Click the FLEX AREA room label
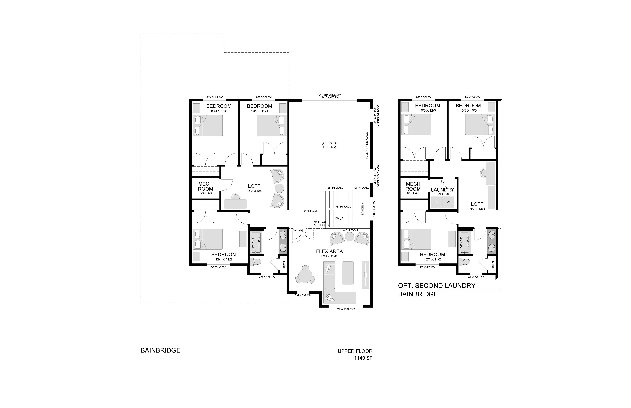click(329, 251)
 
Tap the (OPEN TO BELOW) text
click(330, 145)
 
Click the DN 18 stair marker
click(339, 218)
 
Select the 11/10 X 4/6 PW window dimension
click(330, 98)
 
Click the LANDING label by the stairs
click(362, 209)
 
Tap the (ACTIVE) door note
click(297, 230)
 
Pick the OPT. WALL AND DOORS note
click(322, 224)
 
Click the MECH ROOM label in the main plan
click(206, 186)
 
